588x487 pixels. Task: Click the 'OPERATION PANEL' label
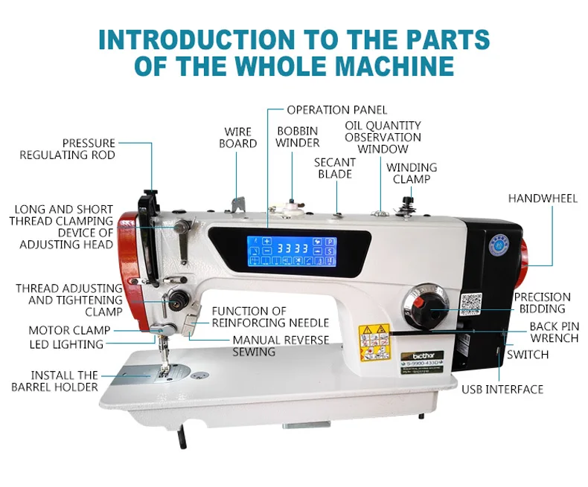[x=337, y=110]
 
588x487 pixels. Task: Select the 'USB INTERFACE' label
[x=502, y=389]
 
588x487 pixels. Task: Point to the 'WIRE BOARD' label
[x=238, y=138]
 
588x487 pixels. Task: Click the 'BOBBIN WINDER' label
[x=298, y=137]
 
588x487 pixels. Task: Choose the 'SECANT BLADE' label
[x=335, y=168]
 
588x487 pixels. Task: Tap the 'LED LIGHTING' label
[x=67, y=344]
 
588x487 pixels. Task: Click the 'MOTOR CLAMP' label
[x=69, y=330]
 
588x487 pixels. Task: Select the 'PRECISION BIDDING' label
[x=542, y=303]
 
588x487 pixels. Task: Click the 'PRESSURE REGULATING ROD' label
[x=68, y=149]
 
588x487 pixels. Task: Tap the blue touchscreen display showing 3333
[x=291, y=251]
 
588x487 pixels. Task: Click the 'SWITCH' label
[x=528, y=355]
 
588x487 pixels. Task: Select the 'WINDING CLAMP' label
[x=412, y=173]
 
